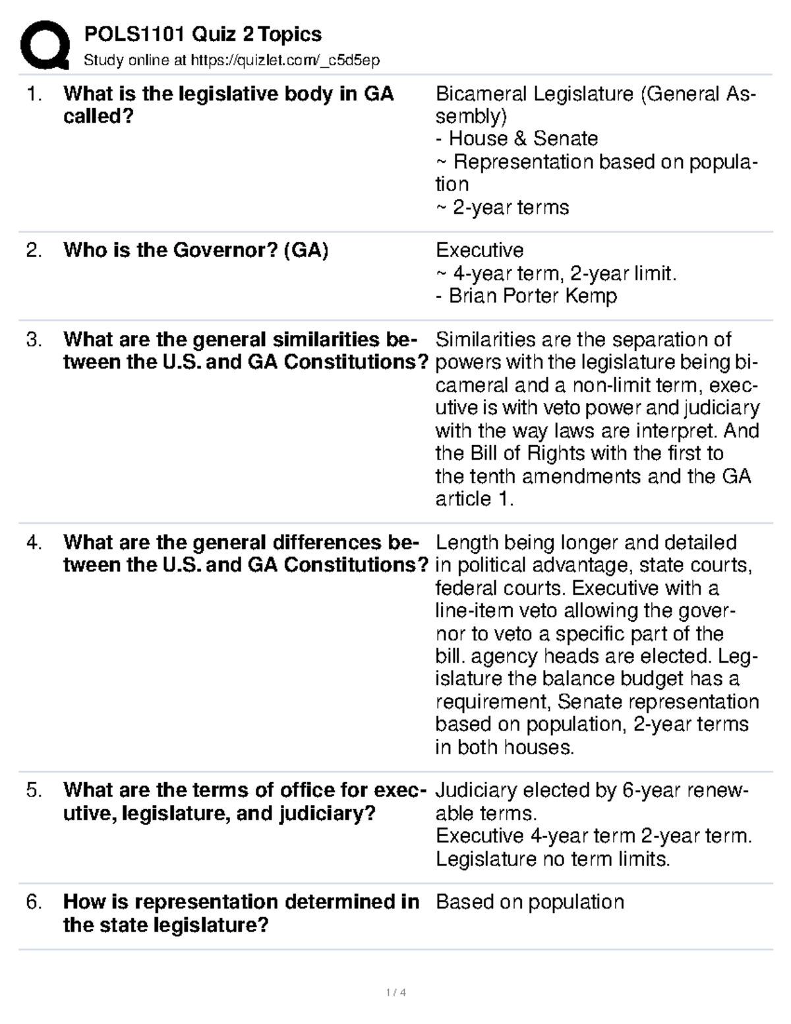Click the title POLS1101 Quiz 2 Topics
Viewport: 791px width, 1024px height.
202,34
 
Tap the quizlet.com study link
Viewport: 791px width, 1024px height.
285,61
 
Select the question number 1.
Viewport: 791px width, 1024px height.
34,94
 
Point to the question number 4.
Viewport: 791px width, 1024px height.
34,543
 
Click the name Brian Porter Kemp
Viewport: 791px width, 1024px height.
533,296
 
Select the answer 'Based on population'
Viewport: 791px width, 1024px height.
529,902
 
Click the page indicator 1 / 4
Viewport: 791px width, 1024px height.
395,992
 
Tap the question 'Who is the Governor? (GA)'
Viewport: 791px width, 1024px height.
196,251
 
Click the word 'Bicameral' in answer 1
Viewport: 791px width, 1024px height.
481,94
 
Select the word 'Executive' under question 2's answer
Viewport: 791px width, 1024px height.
479,251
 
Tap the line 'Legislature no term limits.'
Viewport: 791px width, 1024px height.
552,859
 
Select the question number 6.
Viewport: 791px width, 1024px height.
34,902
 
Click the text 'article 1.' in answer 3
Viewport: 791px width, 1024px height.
474,499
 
